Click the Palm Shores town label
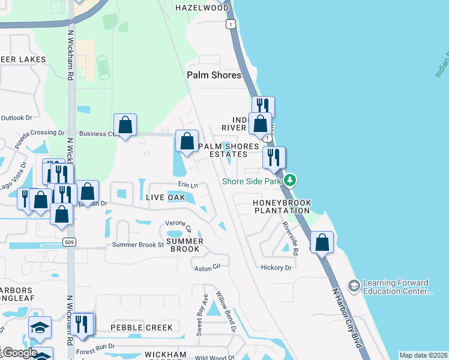(214, 75)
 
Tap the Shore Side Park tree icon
(291, 180)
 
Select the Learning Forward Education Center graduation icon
(354, 284)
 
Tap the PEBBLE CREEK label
(142, 328)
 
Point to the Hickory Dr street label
(276, 268)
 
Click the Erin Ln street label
(188, 185)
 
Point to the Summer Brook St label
(138, 245)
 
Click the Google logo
(19, 353)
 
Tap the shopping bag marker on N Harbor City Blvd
(322, 243)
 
